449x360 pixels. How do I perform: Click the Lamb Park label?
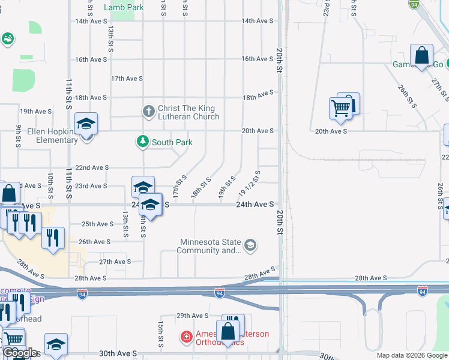pos(123,7)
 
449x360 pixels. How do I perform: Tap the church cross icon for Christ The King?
pos(149,111)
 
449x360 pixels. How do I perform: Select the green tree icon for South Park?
pos(142,142)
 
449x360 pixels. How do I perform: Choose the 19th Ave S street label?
pos(35,112)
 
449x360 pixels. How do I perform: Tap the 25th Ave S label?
pos(97,224)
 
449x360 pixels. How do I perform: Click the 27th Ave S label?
pos(115,262)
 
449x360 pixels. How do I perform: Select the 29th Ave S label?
pos(191,316)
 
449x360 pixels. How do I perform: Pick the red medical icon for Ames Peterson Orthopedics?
pos(187,337)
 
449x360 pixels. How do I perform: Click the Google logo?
pos(20,353)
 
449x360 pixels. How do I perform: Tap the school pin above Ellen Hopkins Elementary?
pos(86,124)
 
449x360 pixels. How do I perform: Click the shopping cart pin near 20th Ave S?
pos(340,108)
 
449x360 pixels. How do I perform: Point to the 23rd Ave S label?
pos(90,186)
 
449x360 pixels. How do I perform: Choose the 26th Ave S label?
pos(94,242)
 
